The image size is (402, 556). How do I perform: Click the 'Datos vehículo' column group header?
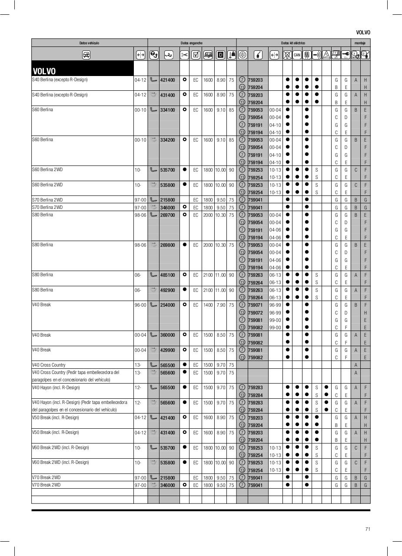point(89,43)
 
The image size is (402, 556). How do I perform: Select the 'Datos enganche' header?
point(192,43)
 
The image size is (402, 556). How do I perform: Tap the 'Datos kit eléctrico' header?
point(293,43)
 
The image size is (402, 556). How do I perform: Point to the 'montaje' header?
point(360,43)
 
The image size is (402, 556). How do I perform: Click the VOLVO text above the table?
point(363,33)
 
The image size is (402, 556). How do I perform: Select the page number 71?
point(367,529)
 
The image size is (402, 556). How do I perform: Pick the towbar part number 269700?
point(167,215)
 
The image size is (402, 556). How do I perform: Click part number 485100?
point(167,275)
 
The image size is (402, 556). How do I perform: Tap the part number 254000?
point(167,305)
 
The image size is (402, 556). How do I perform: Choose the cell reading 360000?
point(167,335)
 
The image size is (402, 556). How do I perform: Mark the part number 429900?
point(167,350)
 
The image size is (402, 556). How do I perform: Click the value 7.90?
point(221,305)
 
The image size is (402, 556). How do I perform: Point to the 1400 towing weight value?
point(208,305)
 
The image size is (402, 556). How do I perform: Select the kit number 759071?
point(255,305)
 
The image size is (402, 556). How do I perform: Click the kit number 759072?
point(255,313)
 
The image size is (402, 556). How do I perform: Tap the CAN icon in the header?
point(297,55)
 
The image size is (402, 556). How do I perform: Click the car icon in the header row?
point(86,55)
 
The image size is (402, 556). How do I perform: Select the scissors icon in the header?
point(184,55)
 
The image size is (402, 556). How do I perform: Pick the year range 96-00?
point(140,305)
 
